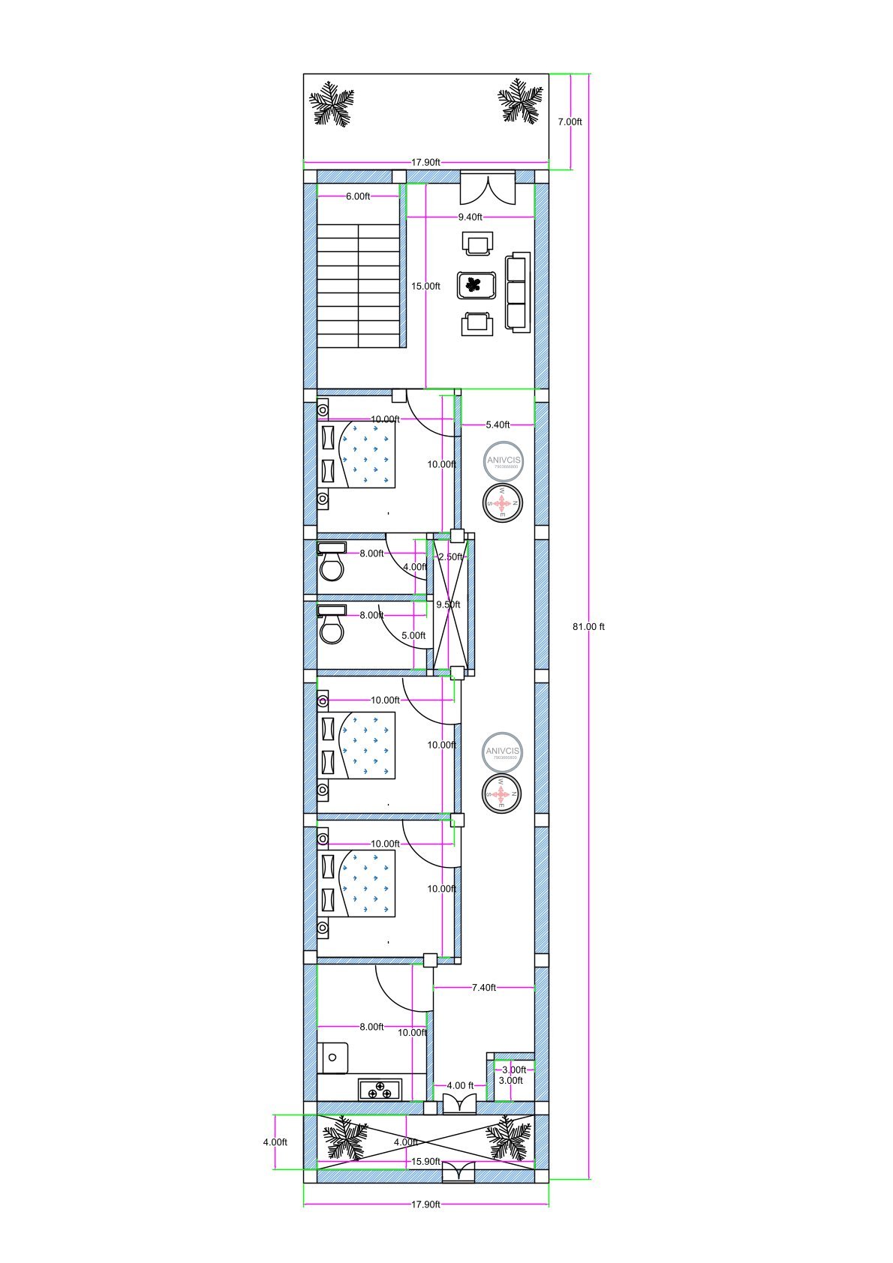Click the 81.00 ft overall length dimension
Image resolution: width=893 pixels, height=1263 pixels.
click(x=588, y=627)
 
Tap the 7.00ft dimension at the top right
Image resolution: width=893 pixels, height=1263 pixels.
click(x=570, y=121)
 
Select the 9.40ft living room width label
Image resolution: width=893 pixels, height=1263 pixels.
click(x=470, y=217)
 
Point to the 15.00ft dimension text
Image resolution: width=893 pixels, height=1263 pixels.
click(x=425, y=286)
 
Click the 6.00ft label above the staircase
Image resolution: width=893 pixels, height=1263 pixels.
click(x=358, y=196)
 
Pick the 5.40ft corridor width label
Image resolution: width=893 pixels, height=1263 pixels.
click(x=498, y=424)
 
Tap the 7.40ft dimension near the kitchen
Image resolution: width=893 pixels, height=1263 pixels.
click(x=484, y=988)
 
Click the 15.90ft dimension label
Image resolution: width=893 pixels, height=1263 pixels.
click(x=425, y=1162)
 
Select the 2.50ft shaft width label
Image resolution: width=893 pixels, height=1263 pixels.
click(x=450, y=557)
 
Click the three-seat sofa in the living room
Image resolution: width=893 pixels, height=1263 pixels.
click(x=517, y=292)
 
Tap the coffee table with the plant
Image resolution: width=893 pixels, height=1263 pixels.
click(x=476, y=286)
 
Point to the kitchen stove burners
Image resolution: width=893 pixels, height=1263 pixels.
click(x=380, y=1090)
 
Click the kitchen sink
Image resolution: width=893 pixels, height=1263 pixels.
click(x=333, y=1058)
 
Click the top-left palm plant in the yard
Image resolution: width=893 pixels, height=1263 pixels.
click(x=332, y=104)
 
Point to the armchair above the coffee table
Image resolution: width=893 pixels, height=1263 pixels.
click(x=478, y=243)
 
